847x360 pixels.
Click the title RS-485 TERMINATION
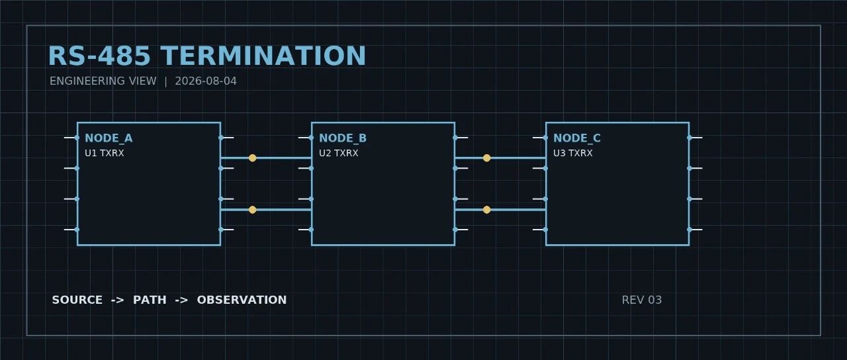pyautogui.click(x=207, y=56)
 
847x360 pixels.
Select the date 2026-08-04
pyautogui.click(x=206, y=81)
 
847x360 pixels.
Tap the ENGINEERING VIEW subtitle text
pyautogui.click(x=103, y=81)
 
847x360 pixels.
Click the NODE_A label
pyautogui.click(x=109, y=138)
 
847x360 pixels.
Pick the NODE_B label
pyautogui.click(x=343, y=138)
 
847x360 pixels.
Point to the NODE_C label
pyautogui.click(x=576, y=138)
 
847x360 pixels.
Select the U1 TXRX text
pyautogui.click(x=105, y=153)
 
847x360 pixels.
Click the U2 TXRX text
pyautogui.click(x=338, y=153)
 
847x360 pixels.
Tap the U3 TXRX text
pyautogui.click(x=573, y=153)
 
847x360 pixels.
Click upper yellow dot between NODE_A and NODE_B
pyautogui.click(x=253, y=158)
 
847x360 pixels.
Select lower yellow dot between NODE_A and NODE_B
pyautogui.click(x=253, y=210)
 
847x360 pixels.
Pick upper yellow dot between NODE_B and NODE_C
pyautogui.click(x=486, y=158)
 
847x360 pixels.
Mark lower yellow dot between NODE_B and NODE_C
pyautogui.click(x=486, y=210)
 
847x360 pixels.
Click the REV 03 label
pyautogui.click(x=642, y=300)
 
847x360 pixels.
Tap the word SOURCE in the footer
pyautogui.click(x=77, y=300)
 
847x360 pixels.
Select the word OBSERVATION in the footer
pyautogui.click(x=242, y=300)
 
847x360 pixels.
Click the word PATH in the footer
pyautogui.click(x=150, y=300)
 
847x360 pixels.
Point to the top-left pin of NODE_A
pyautogui.click(x=71, y=138)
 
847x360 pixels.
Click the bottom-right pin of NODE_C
pyautogui.click(x=695, y=230)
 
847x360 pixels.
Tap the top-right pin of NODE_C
pyautogui.click(x=695, y=138)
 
